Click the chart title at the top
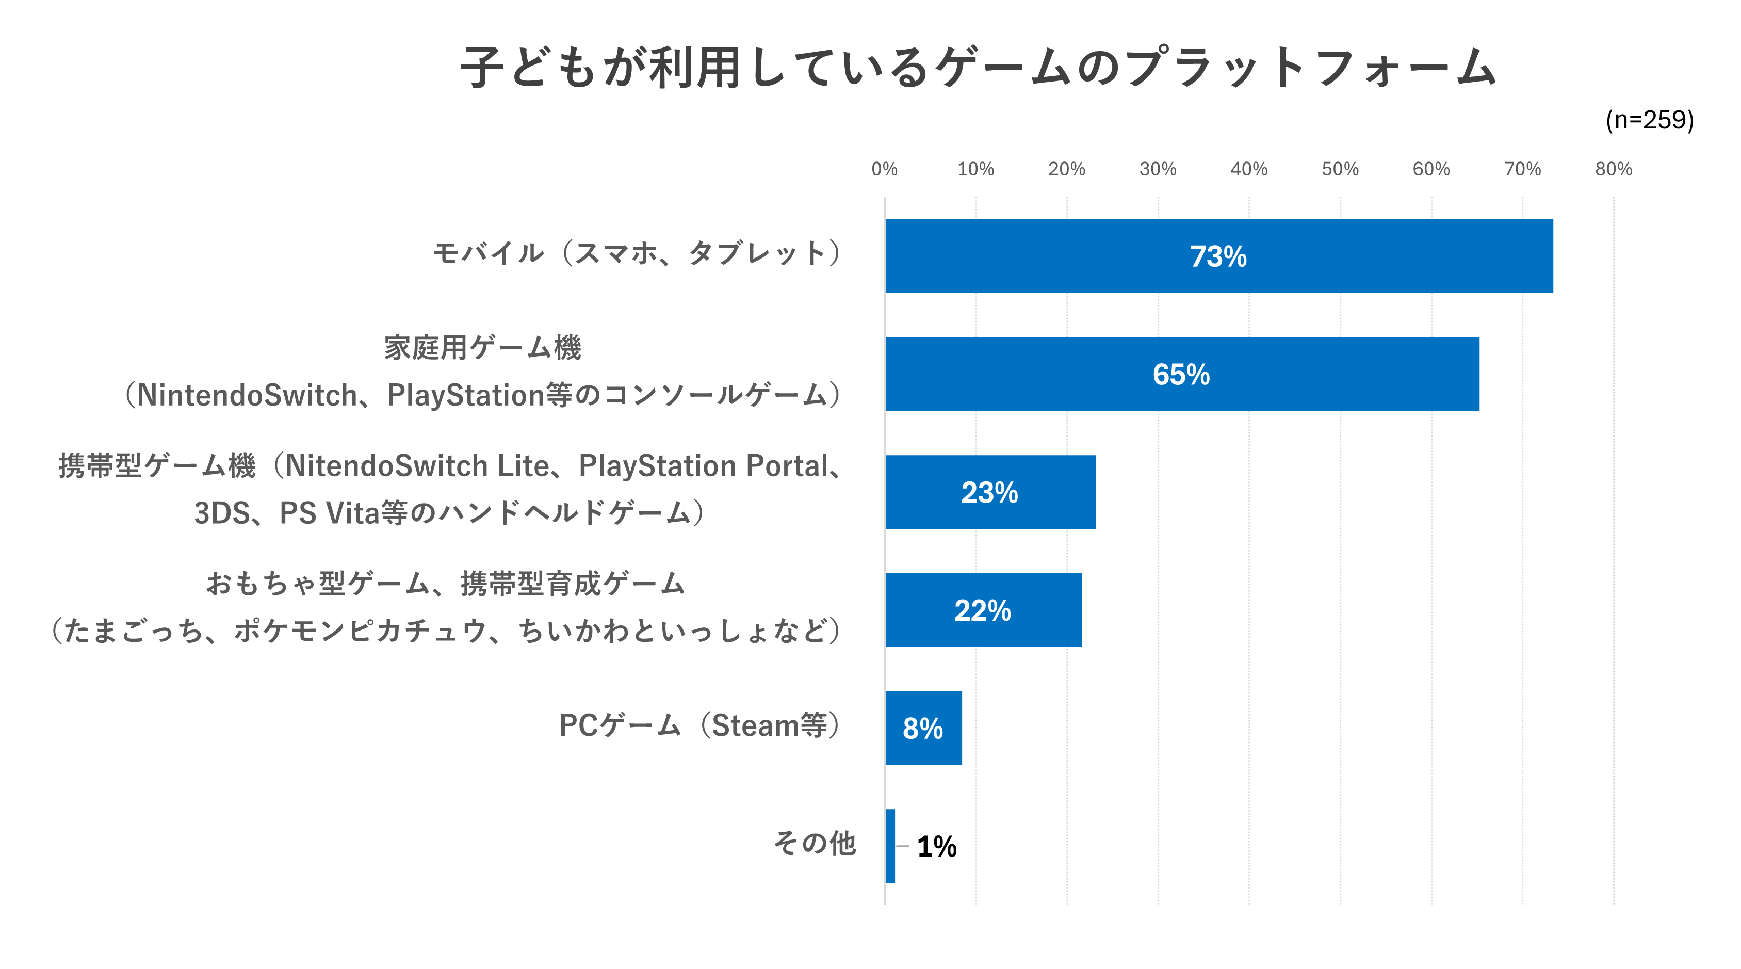pyautogui.click(x=978, y=68)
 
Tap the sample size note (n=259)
pyautogui.click(x=1649, y=120)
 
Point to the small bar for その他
pyautogui.click(x=890, y=846)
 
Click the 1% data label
pyautogui.click(x=937, y=847)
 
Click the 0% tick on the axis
pyautogui.click(x=884, y=169)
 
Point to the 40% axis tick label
pyautogui.click(x=1248, y=169)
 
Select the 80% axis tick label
pyautogui.click(x=1613, y=169)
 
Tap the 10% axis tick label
pyautogui.click(x=975, y=169)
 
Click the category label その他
pyautogui.click(x=815, y=843)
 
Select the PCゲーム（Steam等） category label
pyautogui.click(x=699, y=725)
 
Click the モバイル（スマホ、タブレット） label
pyautogui.click(x=637, y=253)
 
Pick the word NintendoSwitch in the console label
pyautogui.click(x=247, y=395)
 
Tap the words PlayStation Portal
pyautogui.click(x=703, y=466)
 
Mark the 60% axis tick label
pyautogui.click(x=1431, y=169)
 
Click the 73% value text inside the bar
pyautogui.click(x=1218, y=256)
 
